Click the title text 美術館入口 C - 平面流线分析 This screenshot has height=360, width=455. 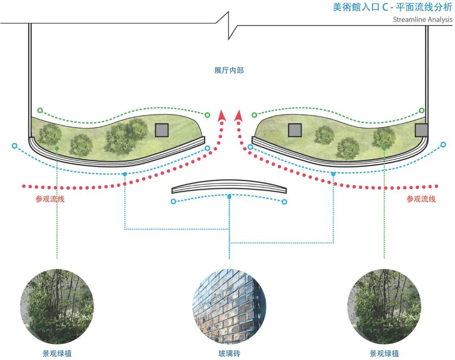click(392, 8)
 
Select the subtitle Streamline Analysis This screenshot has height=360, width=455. click(423, 20)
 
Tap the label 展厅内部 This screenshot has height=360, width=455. click(229, 70)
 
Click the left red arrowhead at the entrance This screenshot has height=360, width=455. click(221, 115)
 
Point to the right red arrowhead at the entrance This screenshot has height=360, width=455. click(238, 115)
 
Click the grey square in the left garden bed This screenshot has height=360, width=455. click(161, 130)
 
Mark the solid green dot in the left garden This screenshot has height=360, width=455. click(57, 149)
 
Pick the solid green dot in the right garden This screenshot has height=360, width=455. click(384, 149)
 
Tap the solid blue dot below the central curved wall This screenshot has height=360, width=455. click(229, 197)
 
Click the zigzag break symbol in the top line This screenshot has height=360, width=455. click(229, 25)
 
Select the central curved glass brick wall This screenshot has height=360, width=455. click(229, 187)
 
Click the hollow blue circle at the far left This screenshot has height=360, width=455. click(14, 146)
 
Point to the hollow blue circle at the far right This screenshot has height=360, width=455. click(443, 144)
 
